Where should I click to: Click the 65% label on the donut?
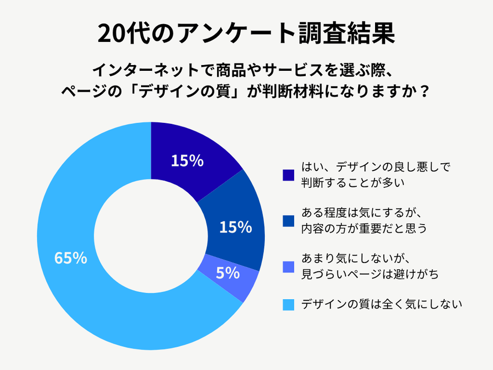tap(70, 258)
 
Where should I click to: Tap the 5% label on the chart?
tap(228, 273)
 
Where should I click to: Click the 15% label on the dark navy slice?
tap(187, 161)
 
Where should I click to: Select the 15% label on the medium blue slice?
tap(235, 227)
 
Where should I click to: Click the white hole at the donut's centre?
tap(151, 236)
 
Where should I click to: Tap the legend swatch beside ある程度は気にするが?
tap(288, 221)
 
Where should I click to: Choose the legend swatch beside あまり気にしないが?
tap(288, 267)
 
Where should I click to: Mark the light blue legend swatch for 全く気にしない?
tap(288, 304)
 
